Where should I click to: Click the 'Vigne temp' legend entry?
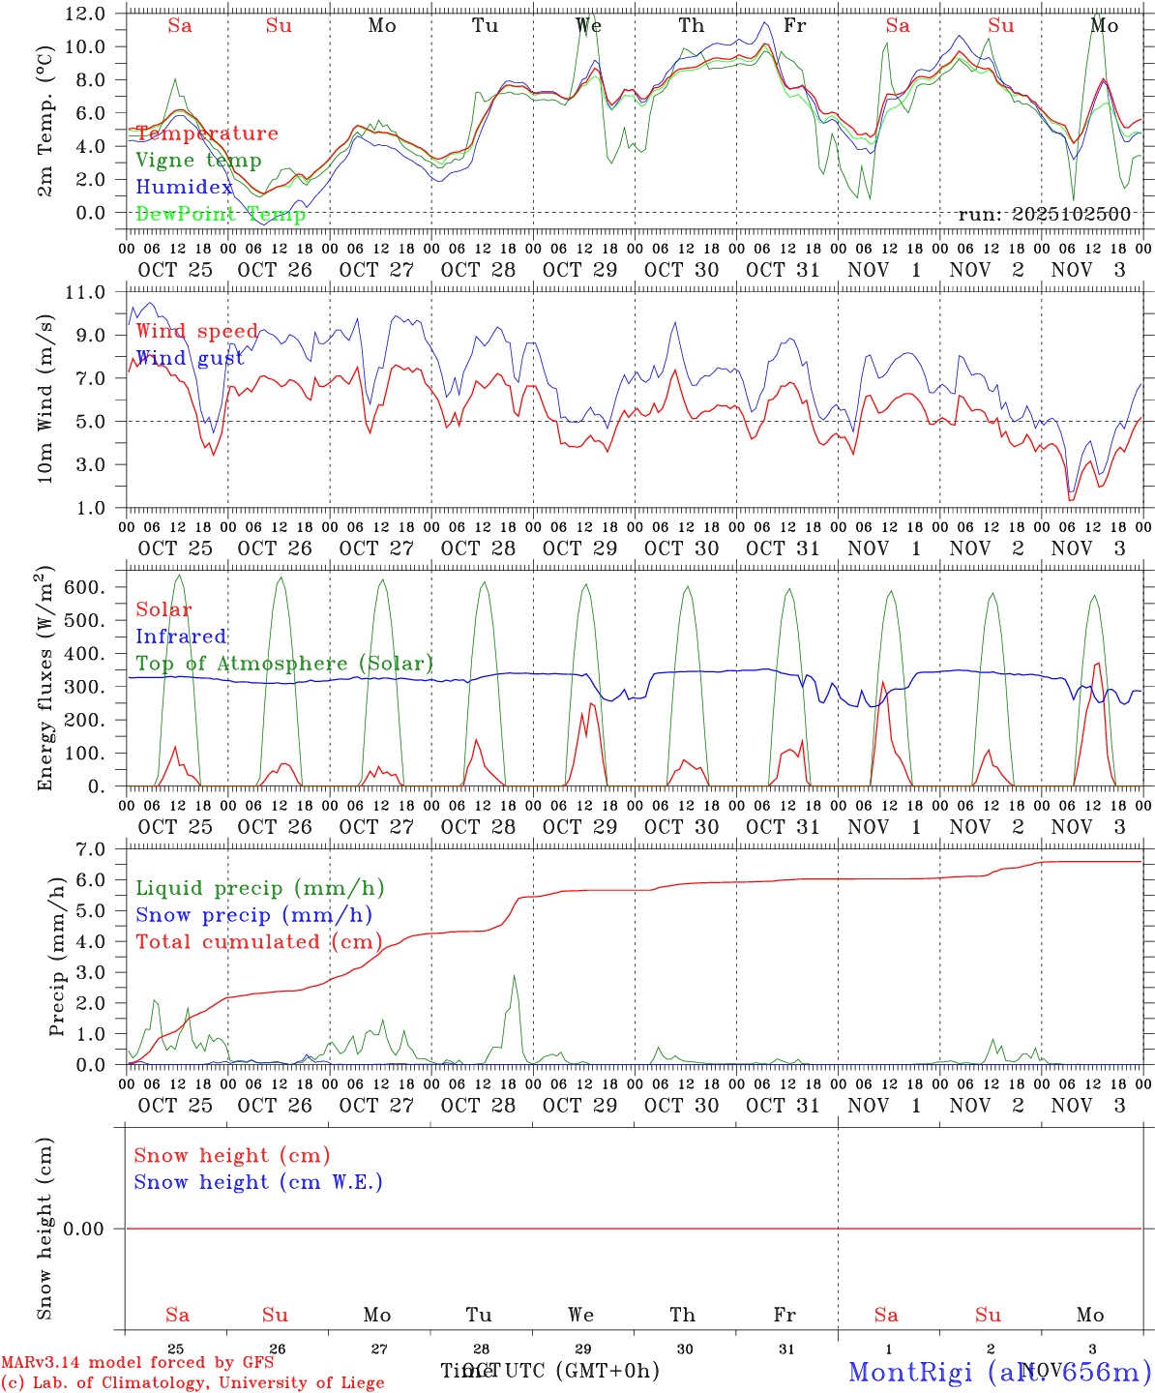[198, 161]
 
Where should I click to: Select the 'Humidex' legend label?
[185, 188]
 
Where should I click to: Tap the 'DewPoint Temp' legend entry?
[221, 214]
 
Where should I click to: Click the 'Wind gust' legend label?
[190, 358]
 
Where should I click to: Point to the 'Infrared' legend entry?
[181, 637]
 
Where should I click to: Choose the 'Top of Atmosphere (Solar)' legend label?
[284, 664]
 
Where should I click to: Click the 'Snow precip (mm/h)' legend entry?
[253, 915]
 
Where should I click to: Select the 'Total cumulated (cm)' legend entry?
[258, 941]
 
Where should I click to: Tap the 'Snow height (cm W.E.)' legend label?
[258, 1182]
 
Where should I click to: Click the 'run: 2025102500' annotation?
[1044, 214]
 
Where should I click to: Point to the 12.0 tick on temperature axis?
[85, 14]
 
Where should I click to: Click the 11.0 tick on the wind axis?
[85, 292]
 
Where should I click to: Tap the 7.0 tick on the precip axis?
[90, 849]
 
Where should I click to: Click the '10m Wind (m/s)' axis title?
[45, 399]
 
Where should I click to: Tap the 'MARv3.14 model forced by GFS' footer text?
[137, 1362]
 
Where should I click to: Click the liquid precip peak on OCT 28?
[515, 976]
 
